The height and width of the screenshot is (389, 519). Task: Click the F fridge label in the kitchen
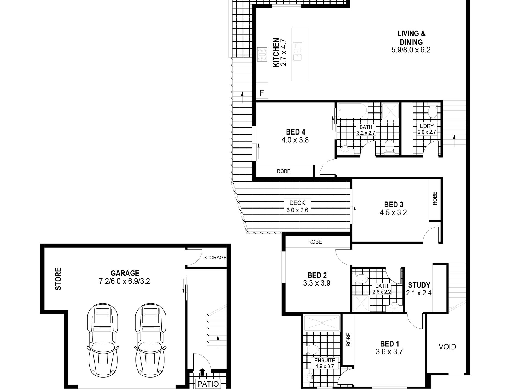(262, 93)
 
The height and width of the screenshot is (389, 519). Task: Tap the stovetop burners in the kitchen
(263, 54)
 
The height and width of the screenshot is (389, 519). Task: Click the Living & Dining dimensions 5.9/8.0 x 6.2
(411, 50)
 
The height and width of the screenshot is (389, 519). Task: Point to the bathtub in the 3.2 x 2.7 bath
(352, 111)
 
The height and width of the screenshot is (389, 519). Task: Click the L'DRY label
(427, 126)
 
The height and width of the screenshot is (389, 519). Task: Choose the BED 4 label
(295, 132)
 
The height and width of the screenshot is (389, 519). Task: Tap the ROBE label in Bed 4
(284, 171)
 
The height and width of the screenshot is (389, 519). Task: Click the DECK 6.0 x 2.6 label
(297, 206)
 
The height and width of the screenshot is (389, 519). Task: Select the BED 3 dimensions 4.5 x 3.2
(393, 213)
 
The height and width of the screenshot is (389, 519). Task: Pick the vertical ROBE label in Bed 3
(435, 198)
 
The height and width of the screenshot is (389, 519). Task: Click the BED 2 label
(317, 275)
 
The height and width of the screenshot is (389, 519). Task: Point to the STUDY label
(419, 285)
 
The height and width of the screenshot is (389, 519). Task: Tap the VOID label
(447, 347)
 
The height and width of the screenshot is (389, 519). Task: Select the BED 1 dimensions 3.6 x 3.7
(389, 352)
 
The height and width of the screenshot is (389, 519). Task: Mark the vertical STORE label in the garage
(58, 279)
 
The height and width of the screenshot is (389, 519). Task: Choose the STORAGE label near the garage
(215, 257)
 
